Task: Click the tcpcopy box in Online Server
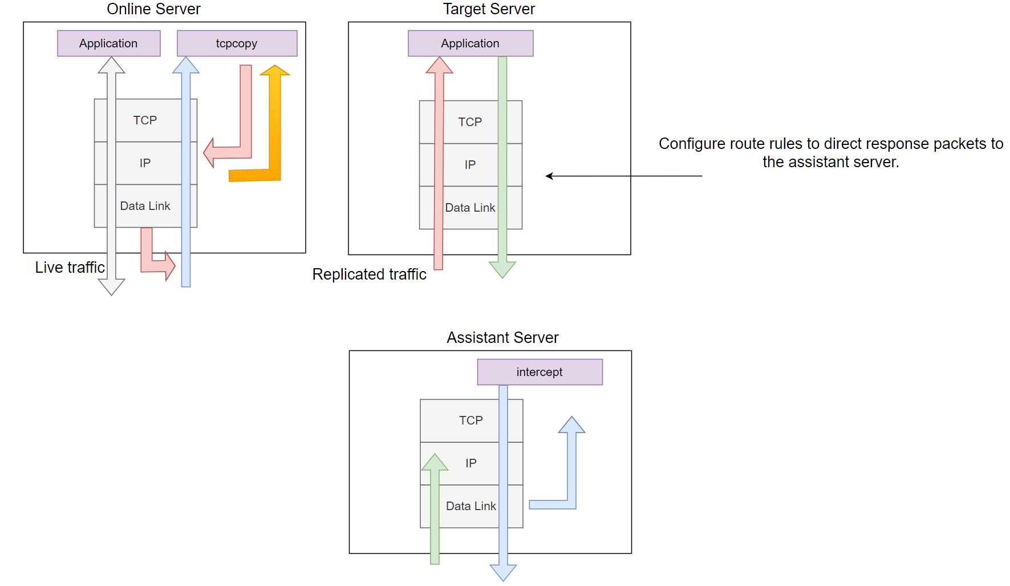pos(237,43)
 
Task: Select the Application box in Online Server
pos(108,43)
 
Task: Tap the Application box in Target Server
pos(470,43)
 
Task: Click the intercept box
pos(540,372)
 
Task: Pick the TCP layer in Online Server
pos(145,120)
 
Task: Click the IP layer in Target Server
pos(470,165)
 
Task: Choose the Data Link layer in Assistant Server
pos(471,506)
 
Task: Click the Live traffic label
pos(70,268)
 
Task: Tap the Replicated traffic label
pos(369,274)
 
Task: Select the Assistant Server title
pos(502,338)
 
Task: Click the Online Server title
pos(153,9)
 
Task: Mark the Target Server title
pos(489,9)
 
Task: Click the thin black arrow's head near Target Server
pos(549,176)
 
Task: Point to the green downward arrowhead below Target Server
pos(502,269)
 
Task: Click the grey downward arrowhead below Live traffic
pos(111,287)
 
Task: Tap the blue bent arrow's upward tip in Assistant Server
pos(571,425)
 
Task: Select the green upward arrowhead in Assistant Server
pos(435,463)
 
